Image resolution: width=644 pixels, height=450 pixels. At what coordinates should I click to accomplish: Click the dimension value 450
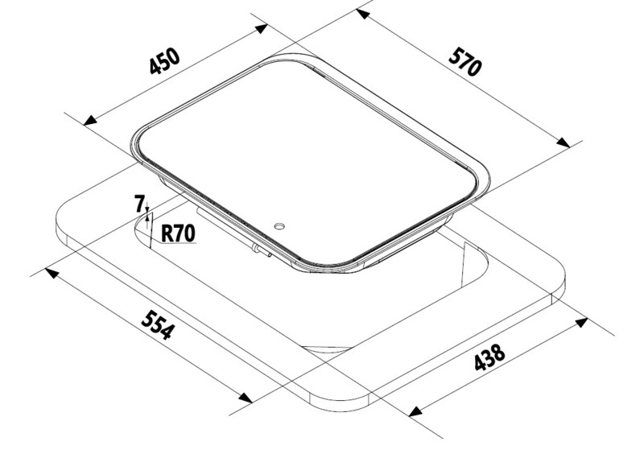point(165,61)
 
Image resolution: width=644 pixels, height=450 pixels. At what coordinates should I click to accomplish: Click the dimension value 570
point(464,62)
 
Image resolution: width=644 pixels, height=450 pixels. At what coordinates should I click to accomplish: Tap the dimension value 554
point(158,324)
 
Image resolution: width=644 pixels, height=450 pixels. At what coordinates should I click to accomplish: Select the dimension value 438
point(489,357)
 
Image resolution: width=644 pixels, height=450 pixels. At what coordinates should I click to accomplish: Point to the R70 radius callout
point(177,233)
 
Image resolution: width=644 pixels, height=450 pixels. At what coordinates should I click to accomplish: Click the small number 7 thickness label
point(139,204)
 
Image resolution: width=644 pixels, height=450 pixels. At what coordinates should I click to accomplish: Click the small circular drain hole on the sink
point(280,226)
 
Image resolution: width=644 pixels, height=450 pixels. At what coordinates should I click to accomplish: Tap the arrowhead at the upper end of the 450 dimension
point(262,29)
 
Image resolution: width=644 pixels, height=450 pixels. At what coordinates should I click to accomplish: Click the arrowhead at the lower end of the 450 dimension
point(90,120)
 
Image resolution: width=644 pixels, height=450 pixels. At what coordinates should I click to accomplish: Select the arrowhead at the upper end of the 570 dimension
point(363,14)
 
